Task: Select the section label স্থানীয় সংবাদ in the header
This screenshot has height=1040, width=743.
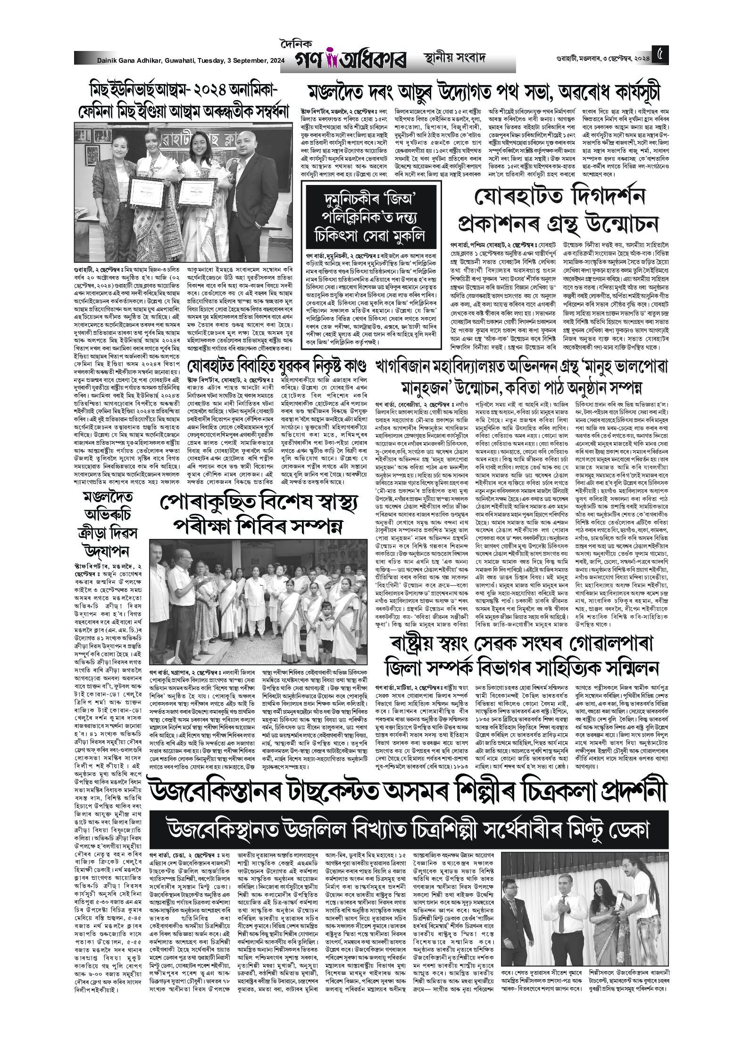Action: (454, 59)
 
